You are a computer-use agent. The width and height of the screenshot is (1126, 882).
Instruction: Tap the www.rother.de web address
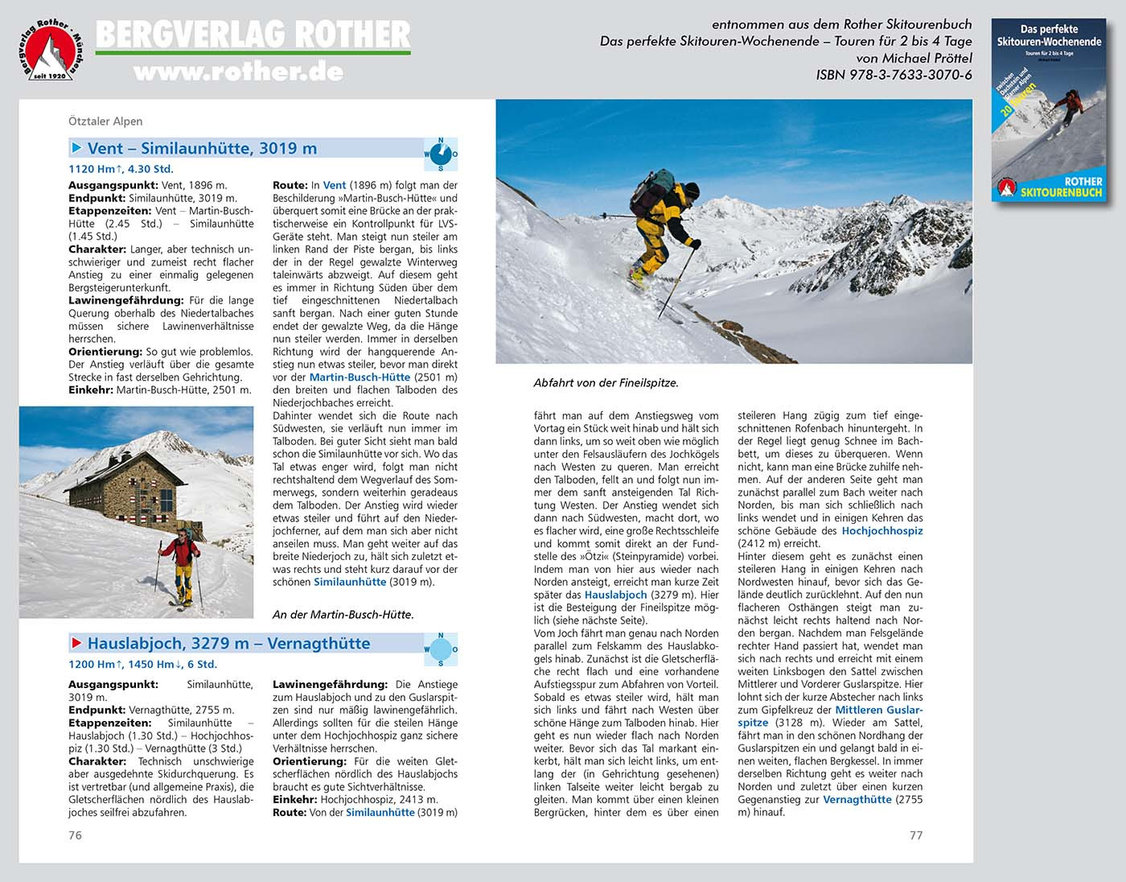[x=238, y=72]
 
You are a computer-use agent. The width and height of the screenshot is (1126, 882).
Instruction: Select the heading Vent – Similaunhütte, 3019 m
[x=202, y=148]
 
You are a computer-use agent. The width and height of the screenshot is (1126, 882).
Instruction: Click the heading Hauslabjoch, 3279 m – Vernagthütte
[x=228, y=643]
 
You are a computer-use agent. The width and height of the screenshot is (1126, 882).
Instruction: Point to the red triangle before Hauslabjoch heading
[x=77, y=643]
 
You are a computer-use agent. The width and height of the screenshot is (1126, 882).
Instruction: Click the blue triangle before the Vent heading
[x=77, y=148]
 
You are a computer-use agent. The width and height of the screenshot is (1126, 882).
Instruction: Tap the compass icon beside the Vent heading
[x=441, y=155]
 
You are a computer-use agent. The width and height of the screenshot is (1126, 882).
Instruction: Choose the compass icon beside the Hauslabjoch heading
[x=441, y=649]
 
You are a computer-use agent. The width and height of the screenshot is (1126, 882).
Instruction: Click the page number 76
[x=75, y=835]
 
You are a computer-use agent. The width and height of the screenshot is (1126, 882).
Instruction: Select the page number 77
[x=916, y=835]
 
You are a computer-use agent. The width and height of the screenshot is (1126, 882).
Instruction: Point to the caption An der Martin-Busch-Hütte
[x=343, y=615]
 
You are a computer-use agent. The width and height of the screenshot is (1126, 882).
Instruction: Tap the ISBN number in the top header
[x=894, y=75]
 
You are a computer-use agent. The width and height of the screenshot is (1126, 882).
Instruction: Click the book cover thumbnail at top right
[x=1049, y=109]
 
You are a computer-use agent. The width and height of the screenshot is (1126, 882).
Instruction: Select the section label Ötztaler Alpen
[x=105, y=122]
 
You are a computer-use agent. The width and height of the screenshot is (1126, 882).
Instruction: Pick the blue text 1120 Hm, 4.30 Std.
[x=121, y=169]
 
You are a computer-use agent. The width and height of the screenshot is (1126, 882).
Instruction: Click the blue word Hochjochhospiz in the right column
[x=882, y=531]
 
